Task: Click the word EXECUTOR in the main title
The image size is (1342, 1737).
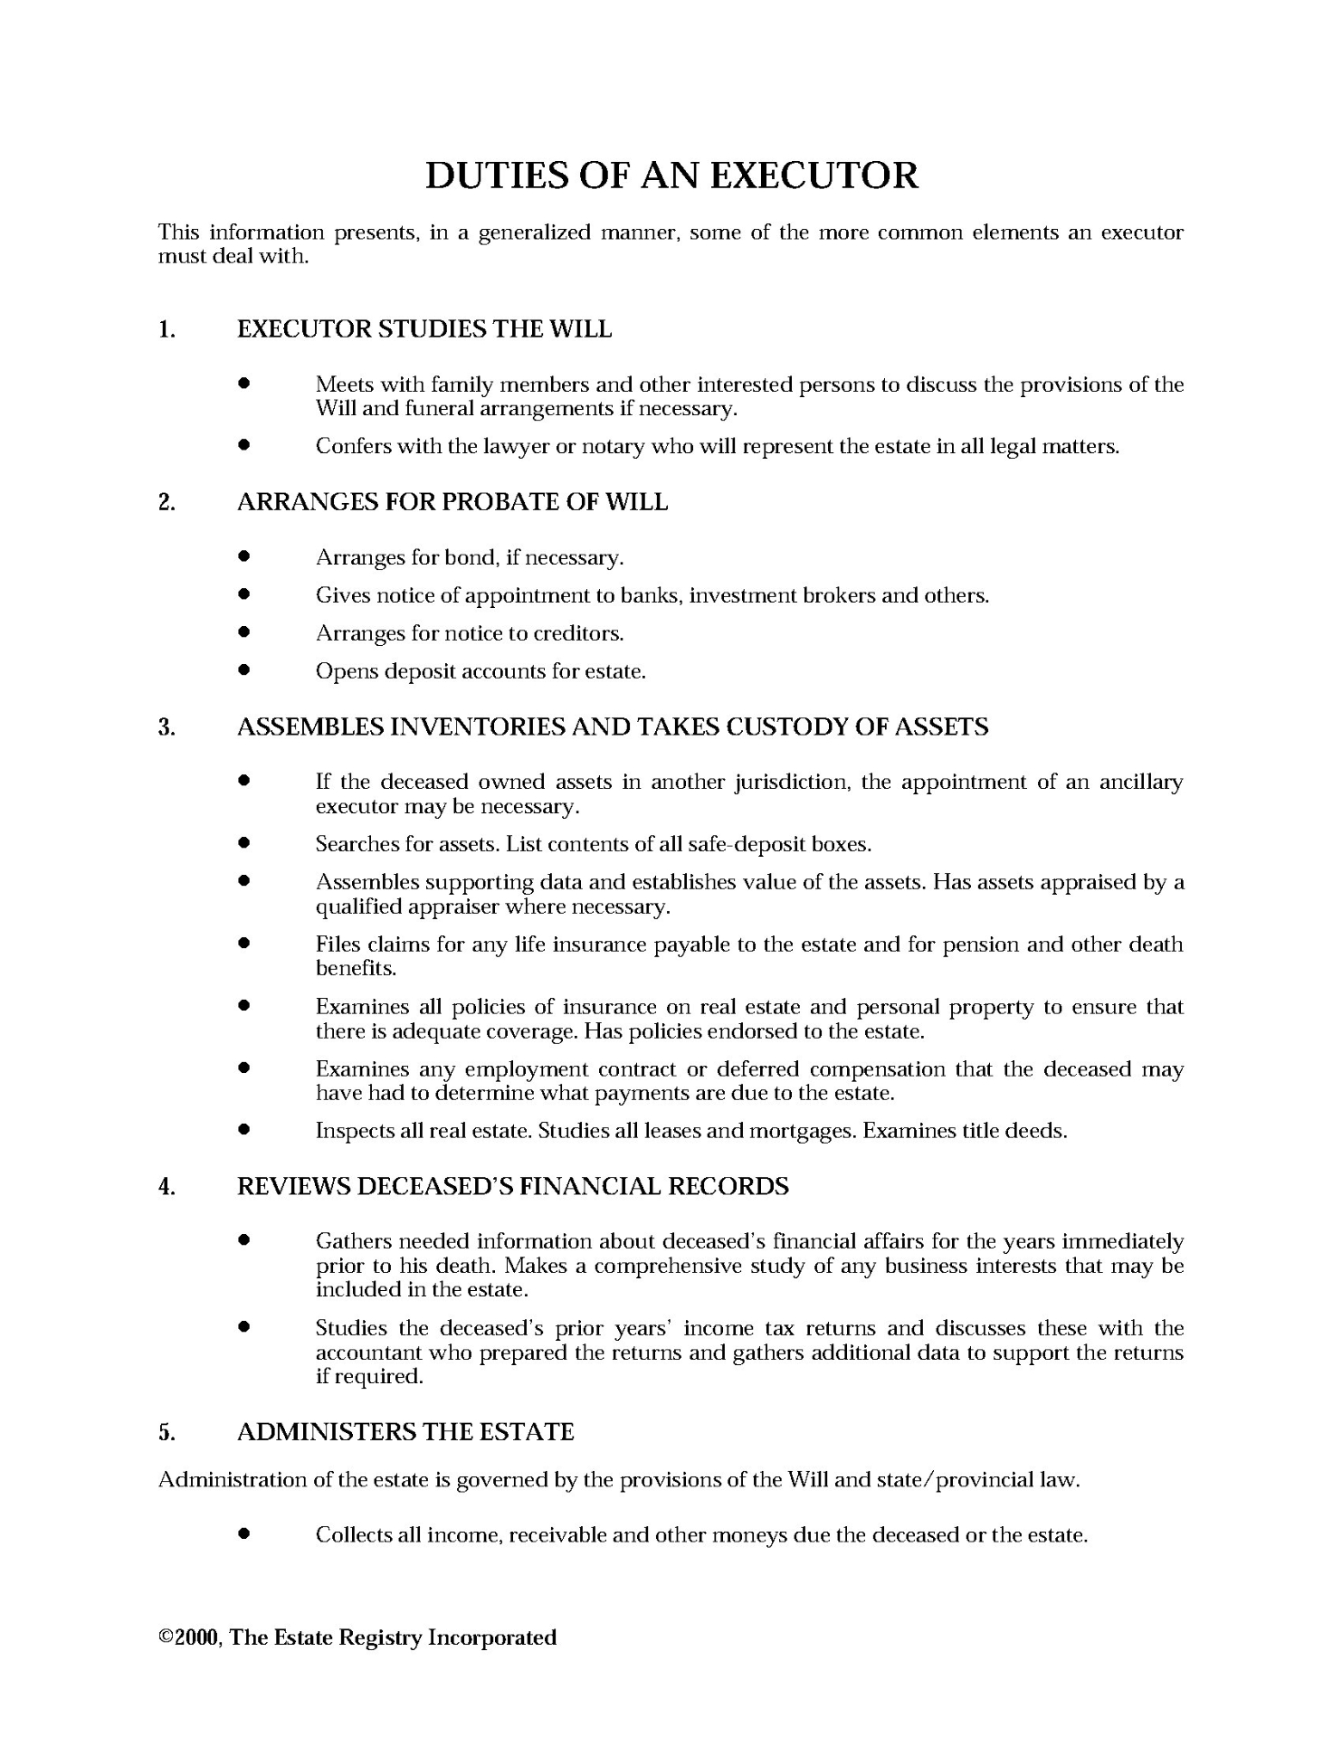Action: pos(814,176)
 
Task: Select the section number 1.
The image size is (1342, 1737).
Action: pos(167,329)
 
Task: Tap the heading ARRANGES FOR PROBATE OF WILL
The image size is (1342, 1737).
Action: pos(452,502)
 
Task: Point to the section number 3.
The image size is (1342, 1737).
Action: pos(167,727)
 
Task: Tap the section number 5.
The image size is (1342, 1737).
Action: pos(167,1432)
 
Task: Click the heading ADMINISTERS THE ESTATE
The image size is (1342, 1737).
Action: pos(405,1432)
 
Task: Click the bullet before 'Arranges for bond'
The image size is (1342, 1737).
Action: pos(243,557)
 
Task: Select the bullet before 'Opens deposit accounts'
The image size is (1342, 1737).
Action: pos(243,671)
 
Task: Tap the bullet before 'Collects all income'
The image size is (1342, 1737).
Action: pos(243,1534)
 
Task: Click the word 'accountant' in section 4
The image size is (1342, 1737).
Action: pos(367,1353)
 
